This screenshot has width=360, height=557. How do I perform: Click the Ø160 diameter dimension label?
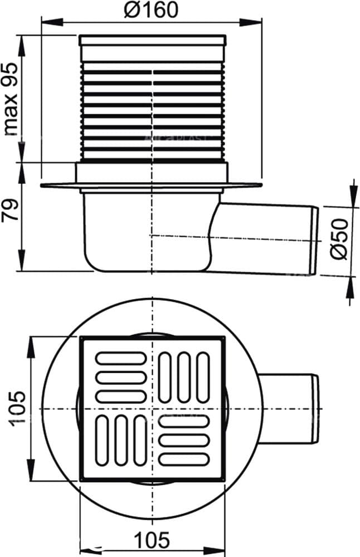[152, 10]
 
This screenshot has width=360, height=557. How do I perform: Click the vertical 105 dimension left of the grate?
[17, 408]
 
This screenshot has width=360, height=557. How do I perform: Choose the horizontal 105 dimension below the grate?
[152, 540]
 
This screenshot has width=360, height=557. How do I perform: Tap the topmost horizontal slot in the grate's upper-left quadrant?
[121, 358]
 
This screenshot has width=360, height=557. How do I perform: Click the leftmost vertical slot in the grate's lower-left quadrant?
[103, 440]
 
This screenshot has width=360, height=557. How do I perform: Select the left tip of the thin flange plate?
[43, 185]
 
